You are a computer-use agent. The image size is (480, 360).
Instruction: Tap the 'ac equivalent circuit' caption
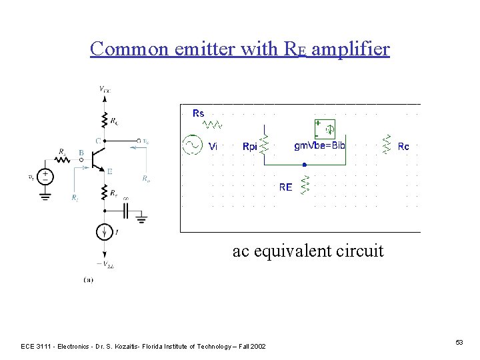[x=308, y=251]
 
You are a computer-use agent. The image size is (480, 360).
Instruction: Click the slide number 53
[x=459, y=342]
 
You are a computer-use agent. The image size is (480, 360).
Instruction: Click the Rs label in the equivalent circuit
[x=199, y=113]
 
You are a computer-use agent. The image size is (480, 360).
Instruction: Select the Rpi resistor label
[x=250, y=147]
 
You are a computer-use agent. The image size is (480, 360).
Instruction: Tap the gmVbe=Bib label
[x=320, y=145]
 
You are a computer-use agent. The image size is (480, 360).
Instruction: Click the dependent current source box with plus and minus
[x=324, y=128]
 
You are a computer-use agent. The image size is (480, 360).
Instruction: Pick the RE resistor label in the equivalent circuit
[x=285, y=187]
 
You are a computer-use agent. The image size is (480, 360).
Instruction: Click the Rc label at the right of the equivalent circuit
[x=403, y=147]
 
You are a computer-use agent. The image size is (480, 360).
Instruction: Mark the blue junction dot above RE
[x=304, y=165]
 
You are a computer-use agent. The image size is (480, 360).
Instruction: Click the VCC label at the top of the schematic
[x=105, y=89]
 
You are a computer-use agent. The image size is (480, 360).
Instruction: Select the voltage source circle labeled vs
[x=45, y=176]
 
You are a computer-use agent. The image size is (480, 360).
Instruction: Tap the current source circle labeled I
[x=105, y=232]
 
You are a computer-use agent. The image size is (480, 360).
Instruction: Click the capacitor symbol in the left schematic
[x=127, y=211]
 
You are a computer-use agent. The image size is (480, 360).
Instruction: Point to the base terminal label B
[x=81, y=153]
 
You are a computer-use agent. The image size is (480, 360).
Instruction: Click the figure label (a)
[x=88, y=280]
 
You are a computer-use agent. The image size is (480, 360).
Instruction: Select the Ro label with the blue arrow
[x=146, y=178]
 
